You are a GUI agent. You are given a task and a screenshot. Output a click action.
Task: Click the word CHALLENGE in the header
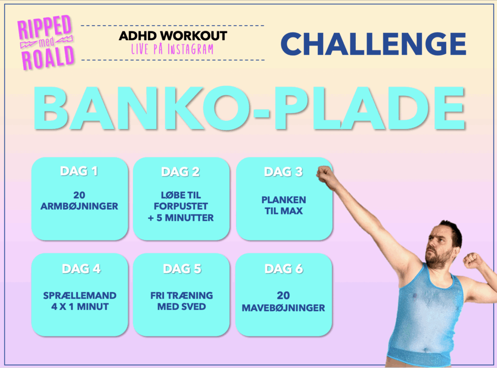click(373, 44)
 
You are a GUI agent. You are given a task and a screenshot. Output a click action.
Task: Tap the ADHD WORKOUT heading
click(173, 36)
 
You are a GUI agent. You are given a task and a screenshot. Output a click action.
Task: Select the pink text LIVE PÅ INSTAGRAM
click(172, 49)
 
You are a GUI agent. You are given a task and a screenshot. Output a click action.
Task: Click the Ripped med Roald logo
click(46, 42)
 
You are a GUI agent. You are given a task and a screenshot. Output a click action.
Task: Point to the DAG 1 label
click(79, 171)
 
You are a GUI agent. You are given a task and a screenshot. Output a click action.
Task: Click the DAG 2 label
click(181, 172)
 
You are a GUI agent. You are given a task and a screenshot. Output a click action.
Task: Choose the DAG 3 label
click(283, 172)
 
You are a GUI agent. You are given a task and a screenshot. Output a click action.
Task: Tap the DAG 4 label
click(82, 269)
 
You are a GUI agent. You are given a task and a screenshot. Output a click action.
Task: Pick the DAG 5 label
click(182, 269)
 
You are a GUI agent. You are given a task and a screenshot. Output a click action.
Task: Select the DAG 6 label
click(284, 269)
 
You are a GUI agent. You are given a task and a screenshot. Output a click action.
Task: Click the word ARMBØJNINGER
click(79, 206)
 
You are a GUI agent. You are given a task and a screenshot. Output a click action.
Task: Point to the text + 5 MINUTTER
click(181, 218)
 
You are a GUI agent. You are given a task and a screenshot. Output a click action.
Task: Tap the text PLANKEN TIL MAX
click(283, 205)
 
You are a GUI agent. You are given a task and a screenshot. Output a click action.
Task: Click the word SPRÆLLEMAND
click(80, 295)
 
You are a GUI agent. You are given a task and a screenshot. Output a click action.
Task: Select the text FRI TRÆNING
click(182, 295)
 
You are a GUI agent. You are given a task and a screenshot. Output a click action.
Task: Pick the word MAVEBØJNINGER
click(283, 308)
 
